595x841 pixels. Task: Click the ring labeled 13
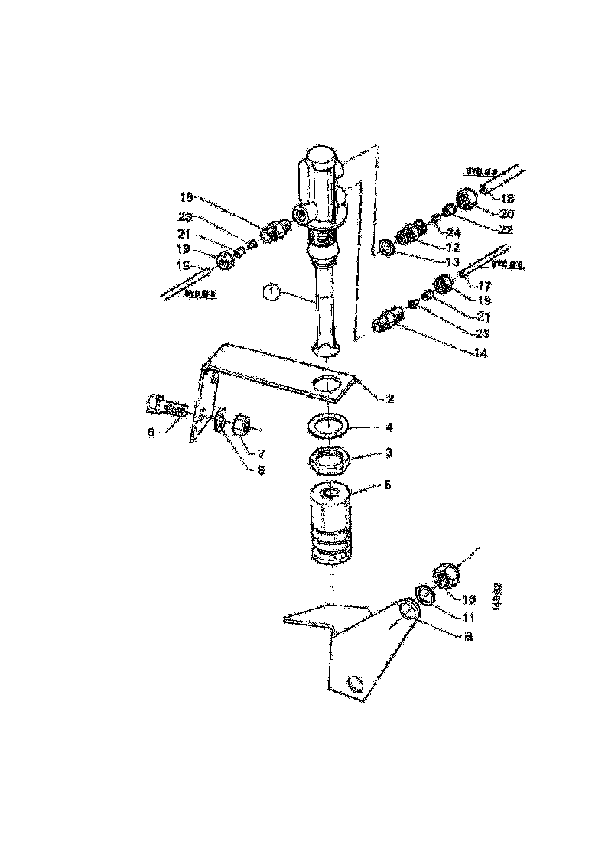[388, 246]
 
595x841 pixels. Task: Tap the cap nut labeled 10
[446, 573]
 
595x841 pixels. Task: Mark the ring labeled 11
[425, 594]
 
